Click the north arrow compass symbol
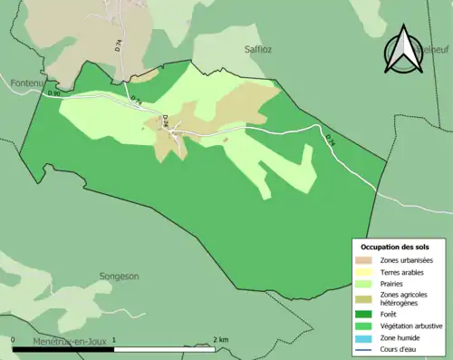403,50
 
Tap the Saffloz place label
257,50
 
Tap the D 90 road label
53,92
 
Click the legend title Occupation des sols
395,247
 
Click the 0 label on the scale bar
14,340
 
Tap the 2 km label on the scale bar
223,340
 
